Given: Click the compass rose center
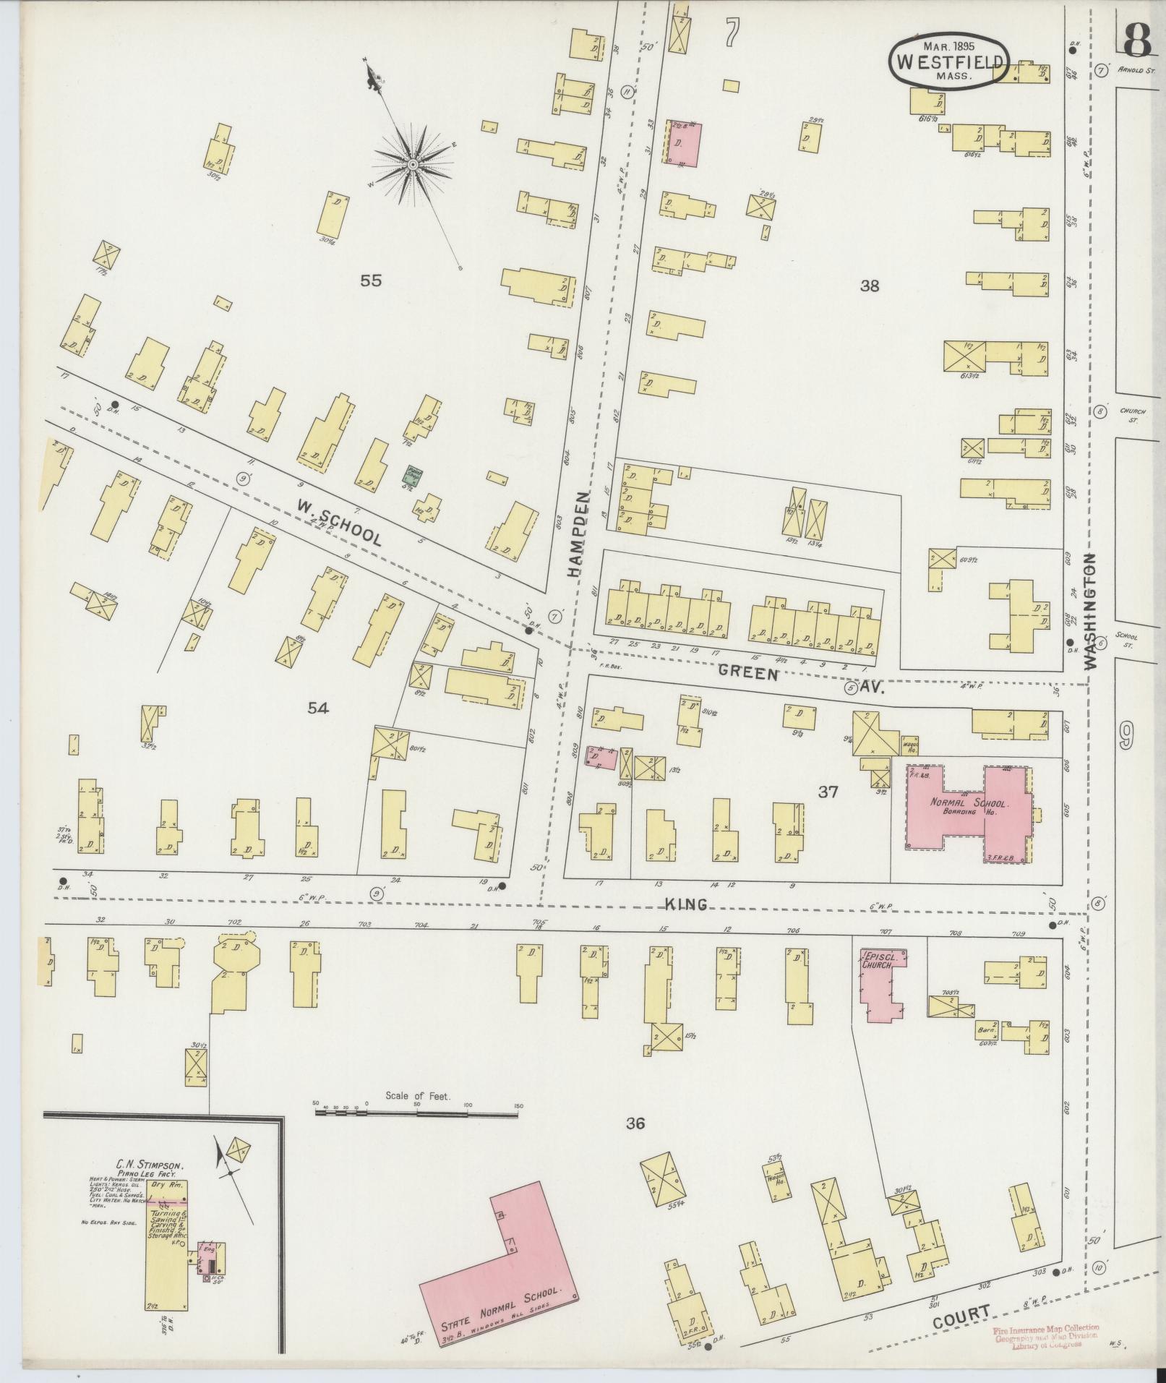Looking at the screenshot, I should tap(412, 166).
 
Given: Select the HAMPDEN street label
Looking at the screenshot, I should tap(578, 532).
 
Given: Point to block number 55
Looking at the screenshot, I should tap(371, 281).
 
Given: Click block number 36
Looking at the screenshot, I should tap(635, 1143).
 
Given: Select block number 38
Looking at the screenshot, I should tap(870, 286).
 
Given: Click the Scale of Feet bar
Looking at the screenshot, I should tap(417, 1134).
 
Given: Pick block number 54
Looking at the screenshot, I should tap(318, 708).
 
